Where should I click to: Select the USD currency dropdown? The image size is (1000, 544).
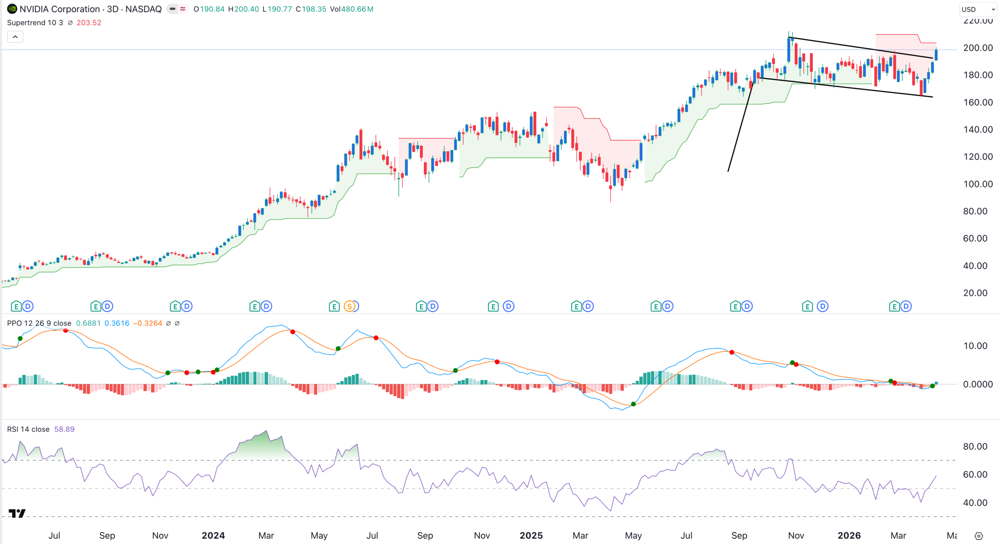[978, 9]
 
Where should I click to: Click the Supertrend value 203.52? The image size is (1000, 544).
[89, 23]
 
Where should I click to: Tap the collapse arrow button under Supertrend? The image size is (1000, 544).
[15, 37]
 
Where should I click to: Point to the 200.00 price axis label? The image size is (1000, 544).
[978, 48]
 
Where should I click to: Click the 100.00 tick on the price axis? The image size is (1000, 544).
[978, 184]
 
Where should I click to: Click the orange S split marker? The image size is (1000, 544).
[350, 306]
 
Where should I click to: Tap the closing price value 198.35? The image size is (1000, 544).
[314, 9]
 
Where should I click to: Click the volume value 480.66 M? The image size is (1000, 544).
[357, 9]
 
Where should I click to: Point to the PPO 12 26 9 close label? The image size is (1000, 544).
[39, 323]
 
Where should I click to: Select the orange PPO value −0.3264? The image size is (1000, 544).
[148, 323]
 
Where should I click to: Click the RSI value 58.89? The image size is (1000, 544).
[64, 429]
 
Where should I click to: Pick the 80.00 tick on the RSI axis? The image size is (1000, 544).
[975, 446]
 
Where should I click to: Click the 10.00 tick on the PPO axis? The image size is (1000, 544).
[975, 346]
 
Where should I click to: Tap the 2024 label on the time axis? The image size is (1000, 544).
[213, 535]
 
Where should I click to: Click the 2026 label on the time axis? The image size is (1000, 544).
[849, 535]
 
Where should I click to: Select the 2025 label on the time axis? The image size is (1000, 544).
[531, 535]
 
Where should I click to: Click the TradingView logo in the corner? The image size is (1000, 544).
[17, 513]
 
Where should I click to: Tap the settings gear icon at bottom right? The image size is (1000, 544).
[979, 536]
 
